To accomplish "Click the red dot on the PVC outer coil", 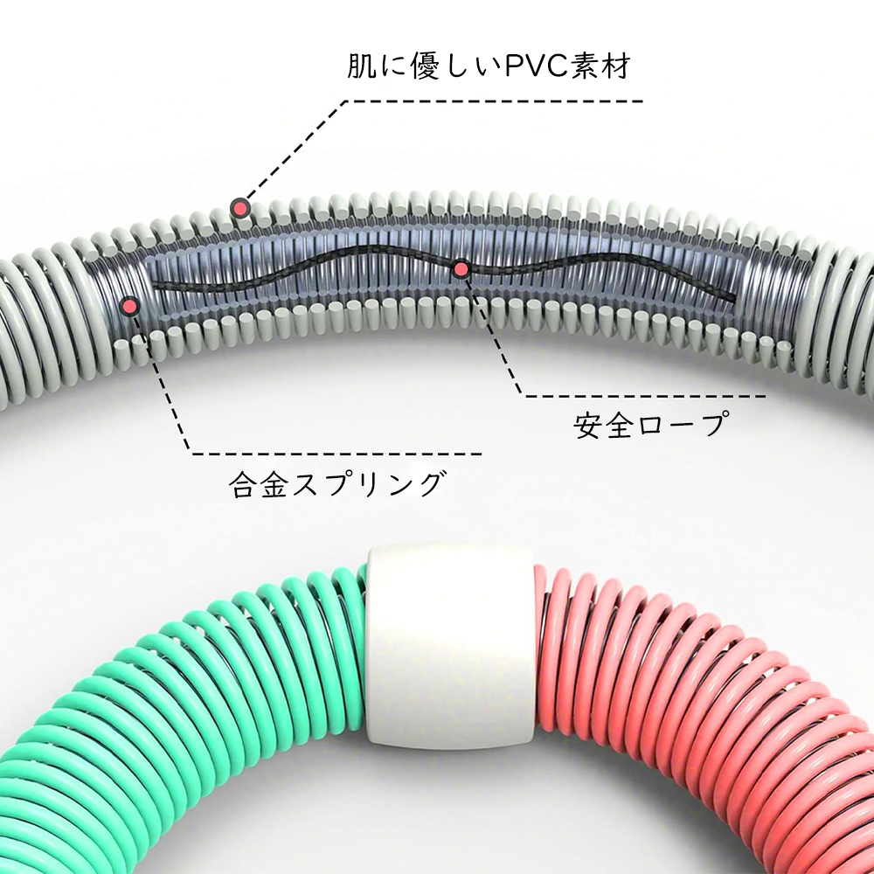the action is click(x=240, y=209).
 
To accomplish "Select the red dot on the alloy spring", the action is click(x=130, y=305).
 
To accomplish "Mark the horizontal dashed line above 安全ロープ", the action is click(x=646, y=396).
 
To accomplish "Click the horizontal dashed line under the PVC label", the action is click(x=494, y=101).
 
